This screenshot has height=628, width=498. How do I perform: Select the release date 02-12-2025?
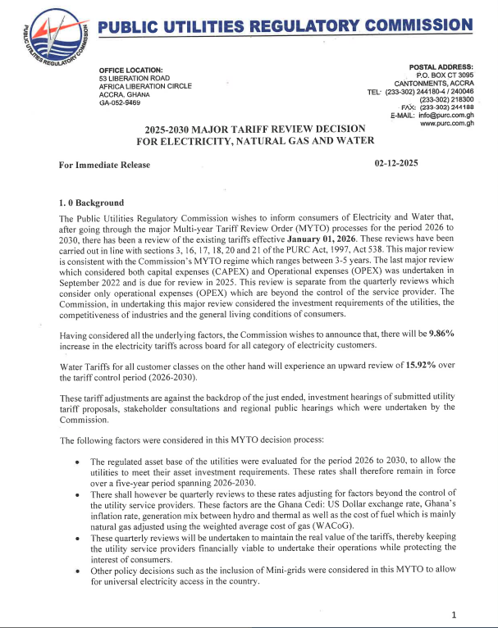coord(396,163)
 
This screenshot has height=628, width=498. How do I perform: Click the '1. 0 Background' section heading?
coord(91,203)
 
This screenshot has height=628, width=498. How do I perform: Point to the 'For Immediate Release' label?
coord(104,165)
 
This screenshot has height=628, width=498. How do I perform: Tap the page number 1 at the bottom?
coord(453,614)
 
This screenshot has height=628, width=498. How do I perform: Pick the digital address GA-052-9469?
coord(119,102)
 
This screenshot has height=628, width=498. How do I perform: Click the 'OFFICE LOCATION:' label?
coord(131,70)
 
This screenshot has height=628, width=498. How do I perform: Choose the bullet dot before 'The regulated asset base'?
coord(76,462)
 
